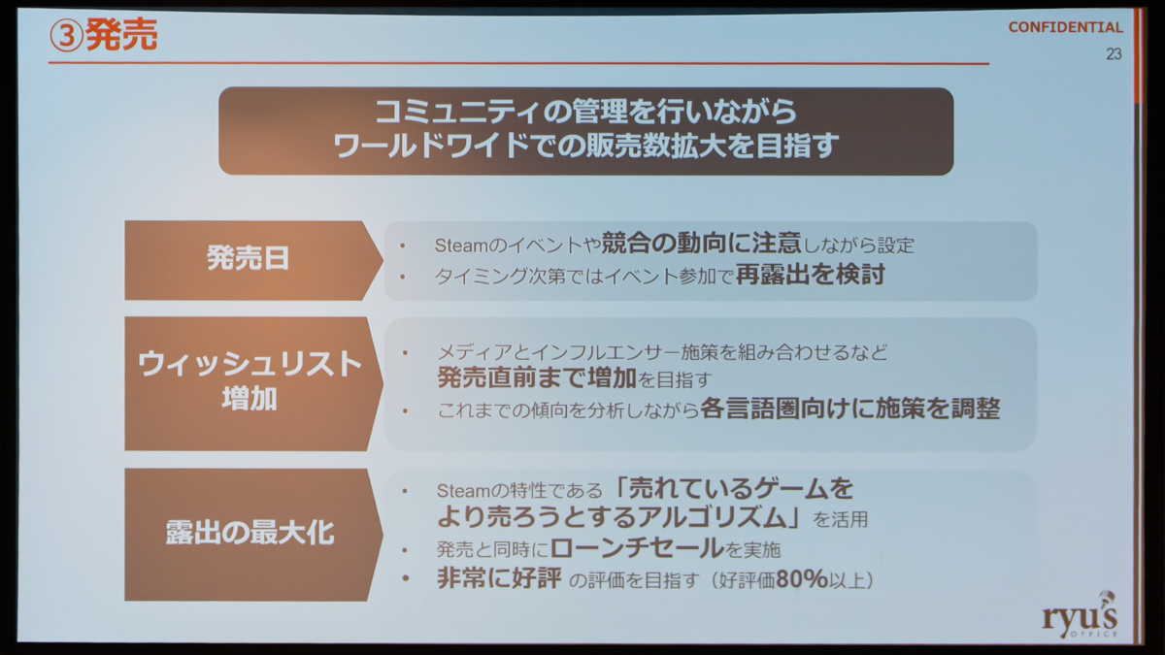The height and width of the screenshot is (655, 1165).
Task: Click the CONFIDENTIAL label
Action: pos(1065,27)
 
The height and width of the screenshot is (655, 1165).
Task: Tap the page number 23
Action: pos(1114,54)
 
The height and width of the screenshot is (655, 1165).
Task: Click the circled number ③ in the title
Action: pos(66,36)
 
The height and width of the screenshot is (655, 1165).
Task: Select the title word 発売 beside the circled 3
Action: pos(121,35)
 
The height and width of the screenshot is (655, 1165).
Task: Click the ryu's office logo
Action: pos(1080,615)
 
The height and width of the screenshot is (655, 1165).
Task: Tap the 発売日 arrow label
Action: pos(249,258)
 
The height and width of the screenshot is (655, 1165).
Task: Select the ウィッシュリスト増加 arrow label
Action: pos(250,380)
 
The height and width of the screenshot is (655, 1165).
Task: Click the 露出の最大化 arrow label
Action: pos(250,533)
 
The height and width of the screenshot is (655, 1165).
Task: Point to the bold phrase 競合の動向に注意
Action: pos(701,244)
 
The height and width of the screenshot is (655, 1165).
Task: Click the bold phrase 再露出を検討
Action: pos(810,275)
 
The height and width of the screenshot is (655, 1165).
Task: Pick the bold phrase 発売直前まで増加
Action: pos(537,377)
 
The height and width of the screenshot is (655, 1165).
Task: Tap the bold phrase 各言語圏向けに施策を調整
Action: pos(849,409)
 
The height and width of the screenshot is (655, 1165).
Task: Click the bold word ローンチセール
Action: pos(637,548)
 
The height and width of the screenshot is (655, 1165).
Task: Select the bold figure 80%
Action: pos(802,578)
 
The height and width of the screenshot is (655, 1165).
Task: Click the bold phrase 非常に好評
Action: pos(499,578)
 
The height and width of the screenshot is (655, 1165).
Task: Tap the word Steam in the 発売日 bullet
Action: pos(462,246)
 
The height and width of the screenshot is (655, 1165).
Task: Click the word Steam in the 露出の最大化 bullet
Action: pos(464,490)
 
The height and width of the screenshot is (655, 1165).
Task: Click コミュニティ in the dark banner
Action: pos(458,112)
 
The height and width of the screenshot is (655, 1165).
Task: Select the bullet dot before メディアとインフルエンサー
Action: pos(405,353)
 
